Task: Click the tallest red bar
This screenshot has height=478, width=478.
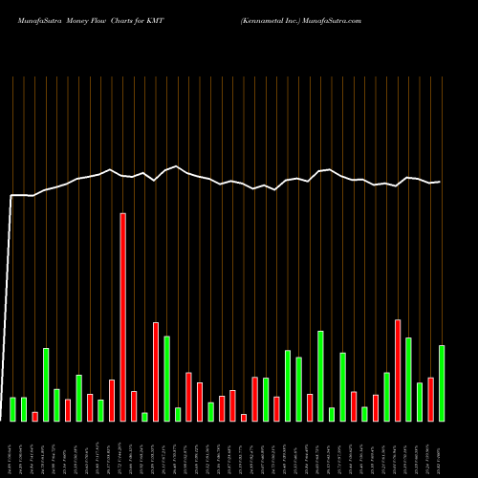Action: coord(122,316)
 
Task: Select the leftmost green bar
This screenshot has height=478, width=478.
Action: coord(13,408)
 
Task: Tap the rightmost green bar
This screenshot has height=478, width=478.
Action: coord(442,382)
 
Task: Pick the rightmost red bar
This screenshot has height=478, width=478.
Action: coord(431,399)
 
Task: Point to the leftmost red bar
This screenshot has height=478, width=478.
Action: coord(35,416)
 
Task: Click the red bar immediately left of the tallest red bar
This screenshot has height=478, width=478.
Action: coord(112,400)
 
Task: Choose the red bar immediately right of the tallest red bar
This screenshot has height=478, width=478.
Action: coord(134,405)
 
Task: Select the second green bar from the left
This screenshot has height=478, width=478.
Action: coord(24,408)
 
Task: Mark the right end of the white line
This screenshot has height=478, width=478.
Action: coord(440,182)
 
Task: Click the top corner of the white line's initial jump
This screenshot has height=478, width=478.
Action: coord(11,195)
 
